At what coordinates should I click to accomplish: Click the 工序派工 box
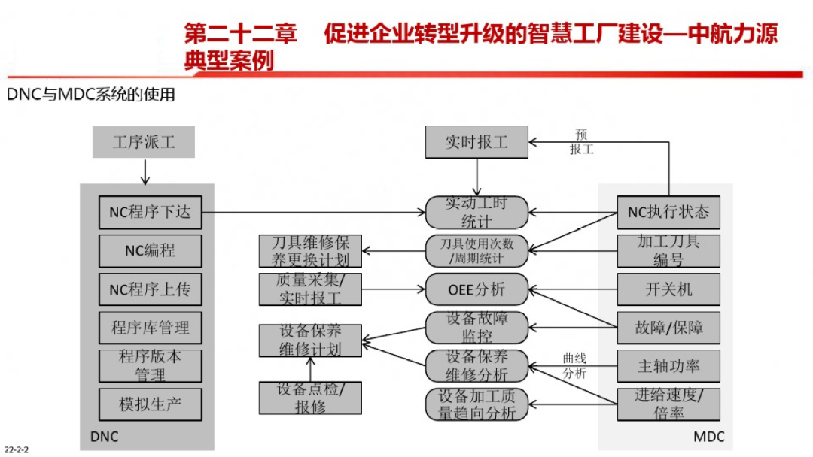[x=144, y=142]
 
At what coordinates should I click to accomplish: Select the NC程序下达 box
[x=150, y=212]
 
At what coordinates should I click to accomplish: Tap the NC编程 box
[x=150, y=251]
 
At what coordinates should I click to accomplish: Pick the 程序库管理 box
[x=150, y=328]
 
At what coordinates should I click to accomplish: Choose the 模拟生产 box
[x=150, y=404]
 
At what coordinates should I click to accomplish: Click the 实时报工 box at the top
[x=477, y=142]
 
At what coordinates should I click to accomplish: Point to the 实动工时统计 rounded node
[x=477, y=213]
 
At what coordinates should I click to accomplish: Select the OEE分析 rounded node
[x=477, y=289]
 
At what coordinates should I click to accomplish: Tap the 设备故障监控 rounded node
[x=477, y=328]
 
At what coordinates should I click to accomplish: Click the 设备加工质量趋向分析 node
[x=477, y=404]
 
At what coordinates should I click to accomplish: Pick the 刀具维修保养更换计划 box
[x=310, y=251]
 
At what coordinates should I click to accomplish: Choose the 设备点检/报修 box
[x=310, y=398]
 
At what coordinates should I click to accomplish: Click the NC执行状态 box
[x=668, y=212]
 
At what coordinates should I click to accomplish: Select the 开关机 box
[x=668, y=289]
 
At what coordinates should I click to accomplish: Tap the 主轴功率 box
[x=668, y=366]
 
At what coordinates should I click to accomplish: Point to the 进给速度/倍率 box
[x=668, y=404]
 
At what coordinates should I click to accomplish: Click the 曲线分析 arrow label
[x=574, y=365]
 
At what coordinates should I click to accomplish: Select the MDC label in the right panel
[x=708, y=436]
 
